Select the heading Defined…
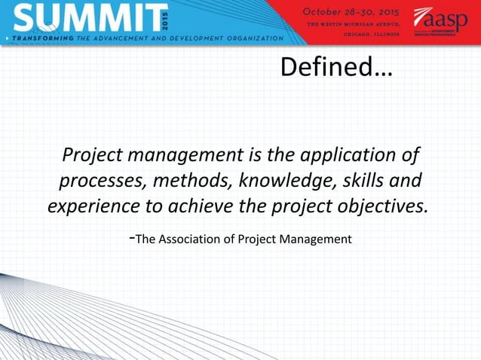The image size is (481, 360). (x=336, y=68)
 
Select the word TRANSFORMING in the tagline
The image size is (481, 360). (x=42, y=37)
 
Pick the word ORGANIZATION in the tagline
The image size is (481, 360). (x=248, y=37)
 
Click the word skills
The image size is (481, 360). (x=360, y=182)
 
